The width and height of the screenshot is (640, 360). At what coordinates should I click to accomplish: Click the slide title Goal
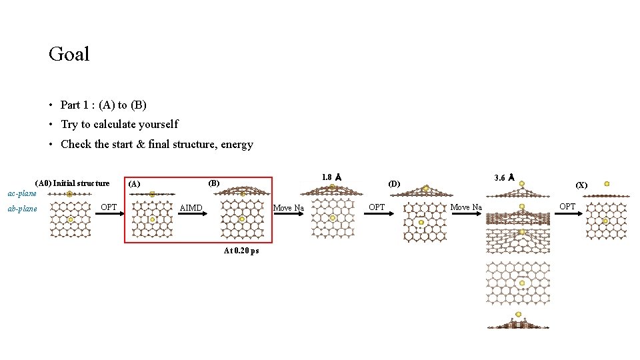(69, 54)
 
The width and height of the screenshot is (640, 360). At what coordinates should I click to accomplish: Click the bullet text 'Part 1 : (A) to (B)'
(103, 105)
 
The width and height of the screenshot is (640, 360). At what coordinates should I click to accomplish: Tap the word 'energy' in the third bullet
(236, 144)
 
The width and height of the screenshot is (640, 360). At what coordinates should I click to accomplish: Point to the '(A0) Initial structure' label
(72, 183)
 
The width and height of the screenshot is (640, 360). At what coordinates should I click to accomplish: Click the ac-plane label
(21, 193)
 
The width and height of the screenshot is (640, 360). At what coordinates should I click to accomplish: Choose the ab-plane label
(22, 209)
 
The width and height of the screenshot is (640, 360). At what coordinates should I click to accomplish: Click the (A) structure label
(134, 183)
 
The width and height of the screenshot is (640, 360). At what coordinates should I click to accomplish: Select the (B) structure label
(214, 183)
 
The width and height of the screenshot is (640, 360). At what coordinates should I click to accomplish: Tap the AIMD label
(191, 208)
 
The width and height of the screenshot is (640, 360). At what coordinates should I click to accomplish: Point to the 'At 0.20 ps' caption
(241, 251)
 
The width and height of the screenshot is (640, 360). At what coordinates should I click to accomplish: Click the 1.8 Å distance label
(331, 177)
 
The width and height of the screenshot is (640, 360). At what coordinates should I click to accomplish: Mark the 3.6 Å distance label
(503, 177)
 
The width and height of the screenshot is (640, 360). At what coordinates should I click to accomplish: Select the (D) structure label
(395, 183)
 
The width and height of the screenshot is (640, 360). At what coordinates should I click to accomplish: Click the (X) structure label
(581, 185)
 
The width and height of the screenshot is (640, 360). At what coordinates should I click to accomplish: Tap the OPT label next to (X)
(567, 206)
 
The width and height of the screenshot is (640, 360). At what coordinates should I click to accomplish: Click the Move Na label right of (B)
(289, 208)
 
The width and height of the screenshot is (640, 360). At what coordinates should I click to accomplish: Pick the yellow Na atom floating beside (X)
(607, 183)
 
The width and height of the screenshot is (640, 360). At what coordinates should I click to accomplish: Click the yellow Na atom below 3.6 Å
(522, 183)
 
